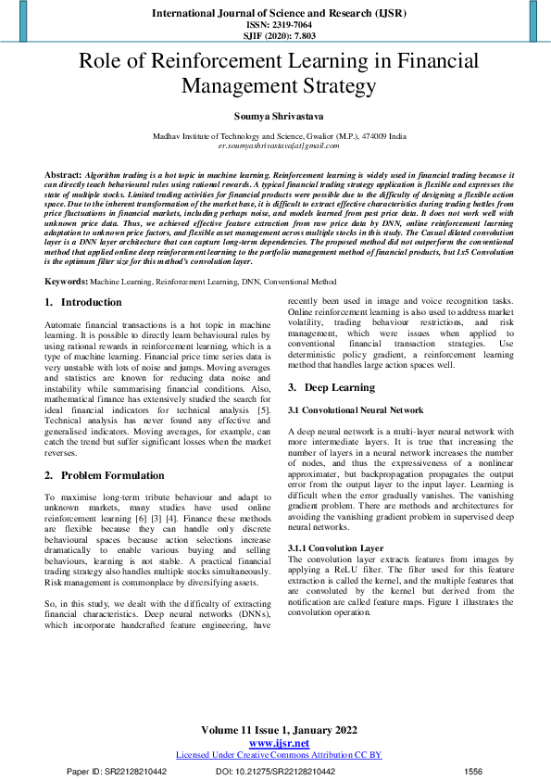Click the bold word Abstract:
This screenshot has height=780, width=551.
(x=63, y=174)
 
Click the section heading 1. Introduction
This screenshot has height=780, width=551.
(x=83, y=302)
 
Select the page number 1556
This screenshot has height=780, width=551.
(x=472, y=771)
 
